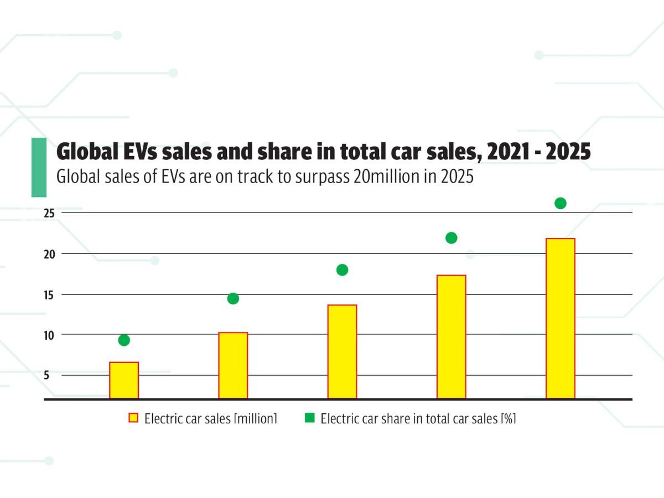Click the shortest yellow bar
tap(124, 380)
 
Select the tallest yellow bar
tap(560, 318)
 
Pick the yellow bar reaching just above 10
tap(233, 365)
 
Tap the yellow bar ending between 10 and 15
tap(342, 351)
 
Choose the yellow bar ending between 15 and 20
tap(451, 336)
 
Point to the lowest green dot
tap(124, 340)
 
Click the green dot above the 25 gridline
tap(560, 203)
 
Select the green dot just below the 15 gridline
tap(233, 298)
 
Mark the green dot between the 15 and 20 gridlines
tap(342, 270)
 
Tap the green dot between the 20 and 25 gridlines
tap(451, 238)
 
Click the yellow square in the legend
tap(133, 418)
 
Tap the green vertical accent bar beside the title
tap(39, 167)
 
